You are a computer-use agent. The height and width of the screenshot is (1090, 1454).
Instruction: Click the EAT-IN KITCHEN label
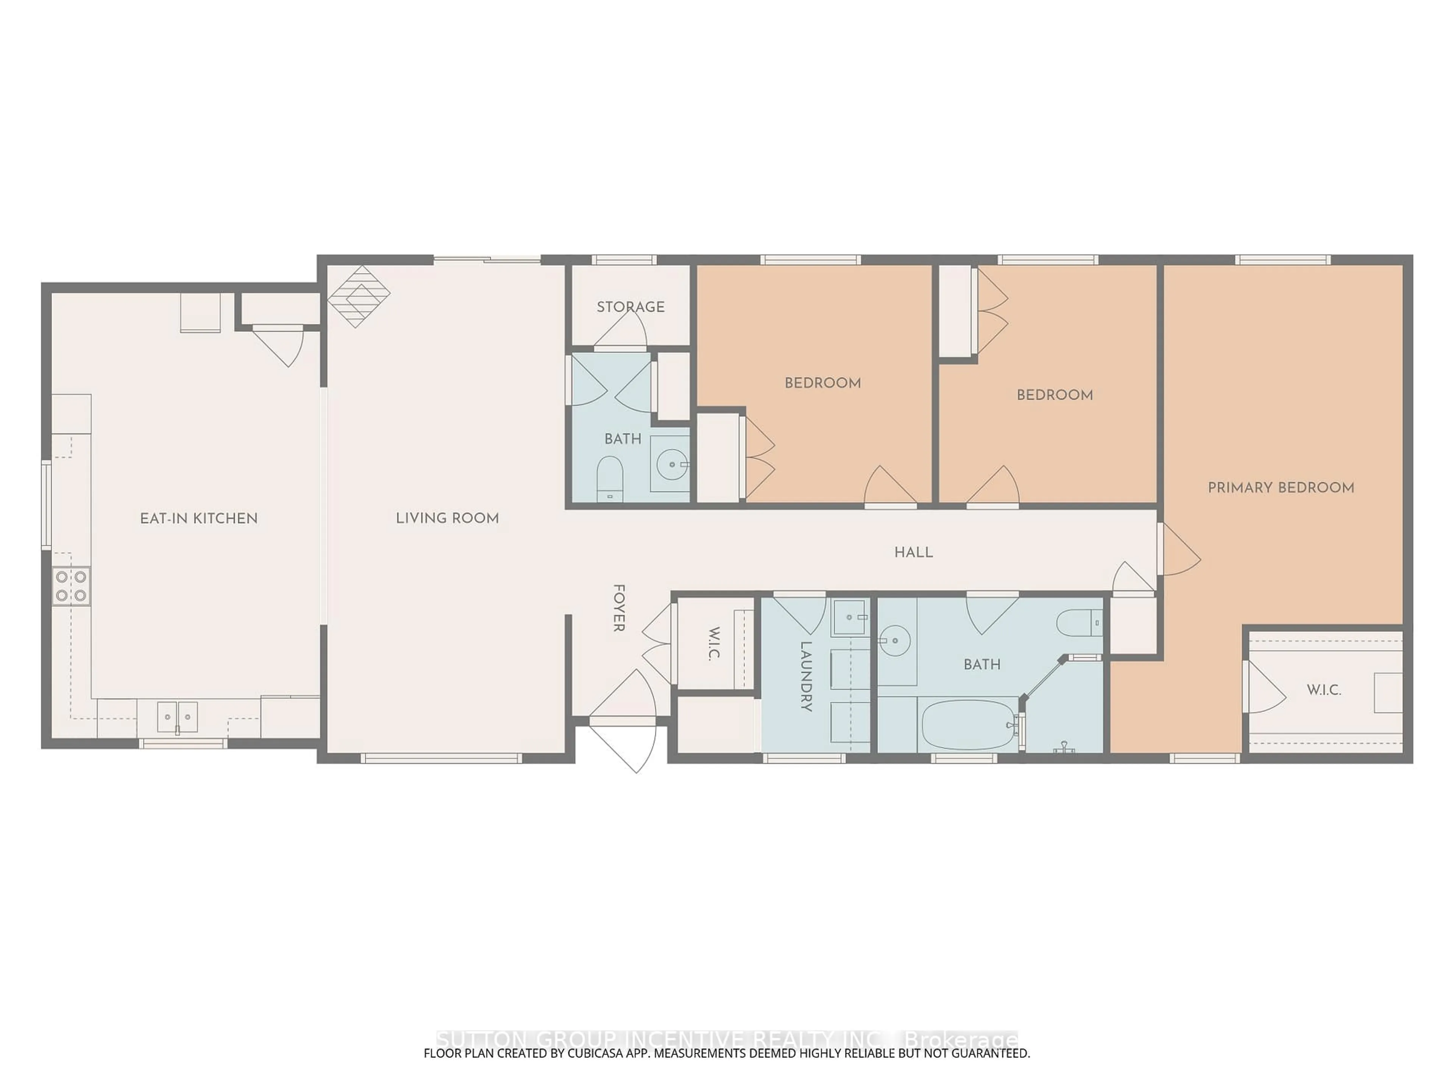198,519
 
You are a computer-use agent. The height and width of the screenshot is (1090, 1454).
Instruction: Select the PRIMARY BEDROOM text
1281,487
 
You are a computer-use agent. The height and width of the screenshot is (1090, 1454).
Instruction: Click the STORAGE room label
630,307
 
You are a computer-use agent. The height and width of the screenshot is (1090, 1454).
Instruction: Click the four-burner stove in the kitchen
71,586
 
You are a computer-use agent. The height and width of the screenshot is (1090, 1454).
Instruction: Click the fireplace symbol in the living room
359,296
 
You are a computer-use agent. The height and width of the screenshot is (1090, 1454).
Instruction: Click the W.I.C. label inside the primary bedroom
1324,690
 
